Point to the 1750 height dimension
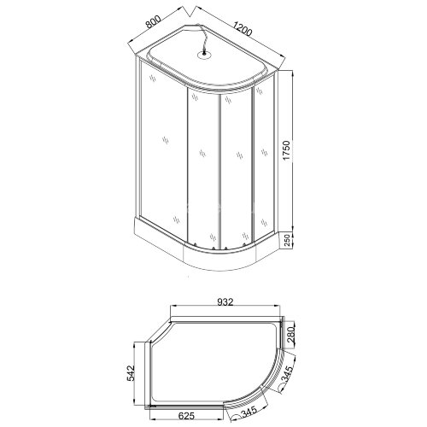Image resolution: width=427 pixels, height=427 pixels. [x=294, y=154]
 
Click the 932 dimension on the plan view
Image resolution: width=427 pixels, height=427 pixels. [x=225, y=301]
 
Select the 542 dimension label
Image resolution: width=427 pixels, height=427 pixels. [x=131, y=372]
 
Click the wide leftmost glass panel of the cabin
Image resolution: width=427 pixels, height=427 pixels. [x=162, y=154]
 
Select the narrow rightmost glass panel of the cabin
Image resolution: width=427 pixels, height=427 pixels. [x=265, y=158]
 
